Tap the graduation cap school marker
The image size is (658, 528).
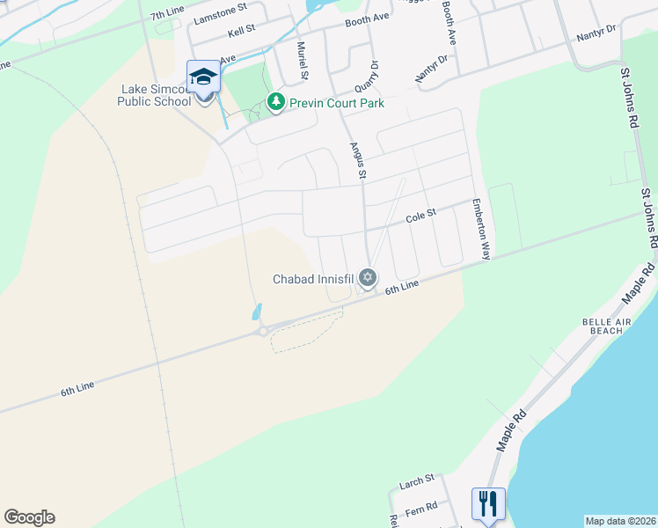(x=204, y=77)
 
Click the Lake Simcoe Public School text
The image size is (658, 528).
(x=155, y=95)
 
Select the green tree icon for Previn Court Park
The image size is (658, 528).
(x=276, y=103)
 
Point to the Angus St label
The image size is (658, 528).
(x=357, y=162)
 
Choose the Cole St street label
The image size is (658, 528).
(x=420, y=216)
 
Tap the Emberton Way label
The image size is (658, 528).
(x=480, y=228)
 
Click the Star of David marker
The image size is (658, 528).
(x=368, y=279)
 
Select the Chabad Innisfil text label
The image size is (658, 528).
(x=312, y=279)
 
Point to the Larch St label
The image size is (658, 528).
(x=417, y=480)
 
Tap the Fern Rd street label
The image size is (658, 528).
(x=421, y=511)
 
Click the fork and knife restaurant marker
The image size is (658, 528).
(x=488, y=504)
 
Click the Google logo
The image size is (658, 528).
(x=29, y=517)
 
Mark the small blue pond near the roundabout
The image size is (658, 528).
(x=256, y=312)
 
